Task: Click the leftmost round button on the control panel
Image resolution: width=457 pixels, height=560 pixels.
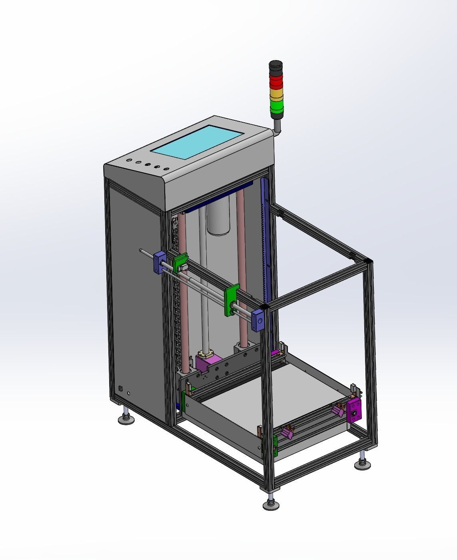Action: (129, 160)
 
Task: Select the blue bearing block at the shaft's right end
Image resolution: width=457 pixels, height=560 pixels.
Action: (258, 319)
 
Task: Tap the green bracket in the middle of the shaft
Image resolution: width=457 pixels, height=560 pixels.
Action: (231, 300)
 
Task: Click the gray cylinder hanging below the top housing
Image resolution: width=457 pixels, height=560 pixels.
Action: (218, 220)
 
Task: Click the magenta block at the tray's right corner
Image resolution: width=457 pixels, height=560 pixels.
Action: (354, 410)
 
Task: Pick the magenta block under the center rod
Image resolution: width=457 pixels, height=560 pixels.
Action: (208, 363)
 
